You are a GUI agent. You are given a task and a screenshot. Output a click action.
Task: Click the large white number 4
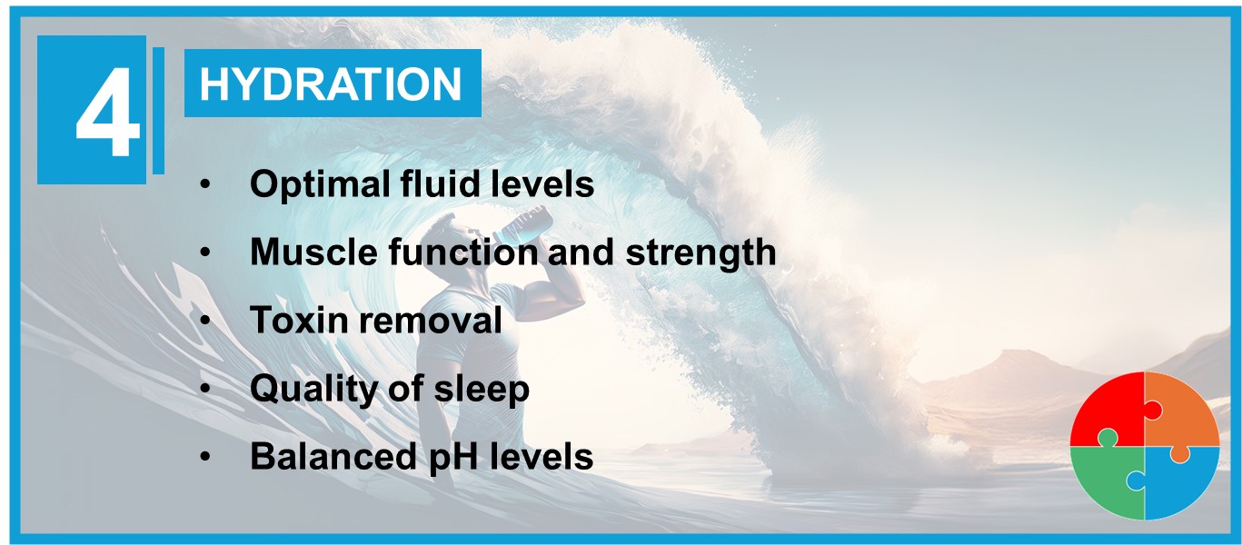point(107,113)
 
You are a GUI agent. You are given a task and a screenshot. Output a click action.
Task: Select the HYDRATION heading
point(331,84)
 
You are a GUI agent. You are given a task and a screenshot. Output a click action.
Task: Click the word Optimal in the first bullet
point(320,184)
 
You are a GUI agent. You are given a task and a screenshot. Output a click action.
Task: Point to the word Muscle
point(313,252)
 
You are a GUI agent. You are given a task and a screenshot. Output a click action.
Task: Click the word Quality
point(313,389)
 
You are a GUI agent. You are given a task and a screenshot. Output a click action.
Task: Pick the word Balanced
point(333,456)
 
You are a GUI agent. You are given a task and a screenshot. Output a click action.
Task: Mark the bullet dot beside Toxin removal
point(205,320)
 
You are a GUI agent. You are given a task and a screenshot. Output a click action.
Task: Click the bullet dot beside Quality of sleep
point(205,388)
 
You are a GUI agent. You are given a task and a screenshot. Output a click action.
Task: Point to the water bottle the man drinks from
point(523,224)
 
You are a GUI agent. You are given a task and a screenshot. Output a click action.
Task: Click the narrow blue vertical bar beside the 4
point(158,110)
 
